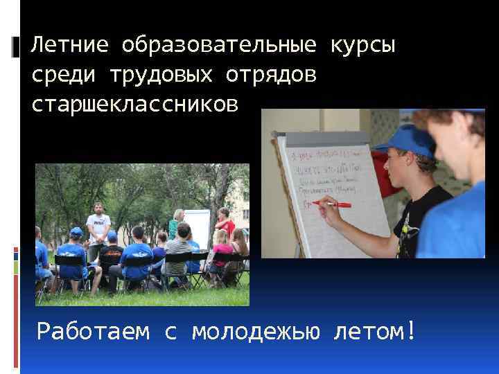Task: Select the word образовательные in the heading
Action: [x=219, y=46]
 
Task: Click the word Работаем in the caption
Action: [x=93, y=332]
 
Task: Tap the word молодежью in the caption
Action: [x=256, y=332]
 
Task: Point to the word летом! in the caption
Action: [x=375, y=332]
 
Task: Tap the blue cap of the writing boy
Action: [x=405, y=139]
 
